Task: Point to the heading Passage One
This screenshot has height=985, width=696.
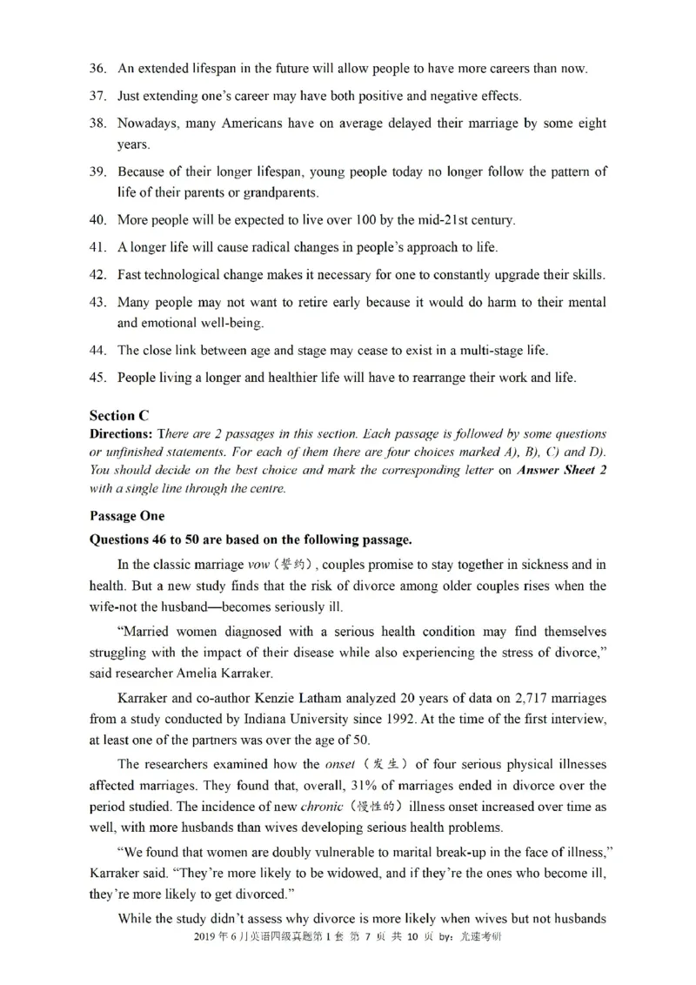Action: click(x=127, y=515)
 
